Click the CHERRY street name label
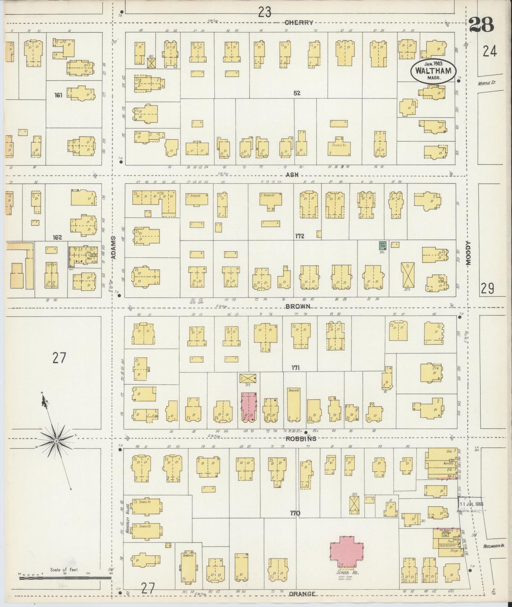point(299,23)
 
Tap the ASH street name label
point(292,175)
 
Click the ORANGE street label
point(302,594)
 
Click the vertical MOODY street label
point(469,253)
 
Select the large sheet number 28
point(481,25)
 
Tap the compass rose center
point(56,441)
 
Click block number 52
point(297,93)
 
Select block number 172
point(299,236)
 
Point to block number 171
point(295,368)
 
